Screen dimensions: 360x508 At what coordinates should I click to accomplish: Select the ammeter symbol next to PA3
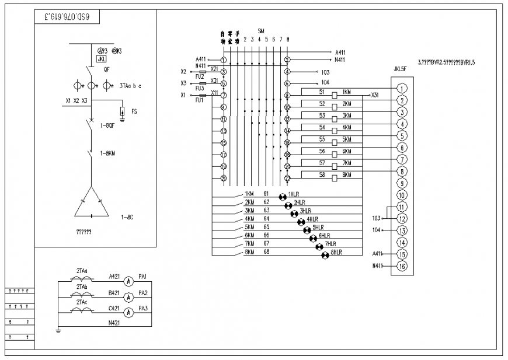tap(131, 313)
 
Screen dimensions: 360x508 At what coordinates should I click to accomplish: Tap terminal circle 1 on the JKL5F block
tap(402, 89)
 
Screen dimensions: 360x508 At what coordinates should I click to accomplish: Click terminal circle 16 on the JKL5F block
tap(402, 266)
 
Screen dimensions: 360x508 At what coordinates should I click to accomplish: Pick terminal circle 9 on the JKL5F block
tap(402, 183)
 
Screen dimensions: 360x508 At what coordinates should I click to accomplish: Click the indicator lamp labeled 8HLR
tap(325, 256)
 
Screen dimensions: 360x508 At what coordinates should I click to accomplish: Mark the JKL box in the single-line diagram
tap(102, 59)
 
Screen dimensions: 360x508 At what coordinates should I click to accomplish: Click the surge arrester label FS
tap(134, 110)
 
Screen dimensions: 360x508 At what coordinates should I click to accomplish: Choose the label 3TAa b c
tap(130, 86)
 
